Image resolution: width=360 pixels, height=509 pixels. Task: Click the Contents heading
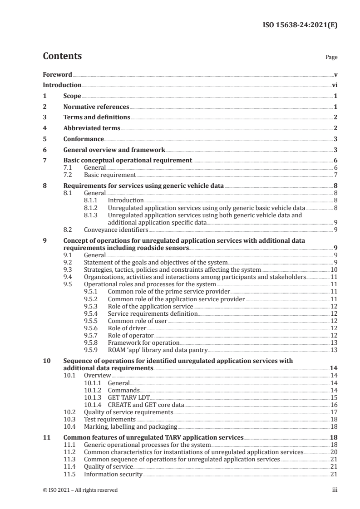[x=62, y=57]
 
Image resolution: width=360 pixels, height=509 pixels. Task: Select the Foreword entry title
[x=57, y=74]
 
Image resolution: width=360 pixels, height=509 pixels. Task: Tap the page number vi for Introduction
[x=334, y=85]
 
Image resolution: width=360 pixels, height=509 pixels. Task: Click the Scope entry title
[x=72, y=96]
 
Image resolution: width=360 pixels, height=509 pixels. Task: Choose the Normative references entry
[x=96, y=107]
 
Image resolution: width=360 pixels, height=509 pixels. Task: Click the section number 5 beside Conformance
[x=44, y=139]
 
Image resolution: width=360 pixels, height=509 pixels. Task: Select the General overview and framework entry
[x=114, y=150]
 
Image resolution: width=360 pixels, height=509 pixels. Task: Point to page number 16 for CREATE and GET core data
[x=333, y=405]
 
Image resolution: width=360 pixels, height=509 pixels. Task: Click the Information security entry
[x=113, y=475]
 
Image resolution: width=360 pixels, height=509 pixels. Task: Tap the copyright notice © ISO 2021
[x=80, y=490]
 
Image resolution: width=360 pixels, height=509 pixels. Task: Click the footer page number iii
[x=334, y=490]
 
